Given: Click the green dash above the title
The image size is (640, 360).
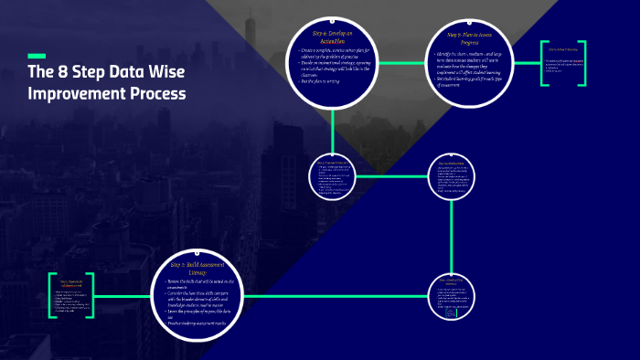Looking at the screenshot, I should click(x=37, y=56).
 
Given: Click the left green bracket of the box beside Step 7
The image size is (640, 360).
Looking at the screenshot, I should click(x=543, y=63).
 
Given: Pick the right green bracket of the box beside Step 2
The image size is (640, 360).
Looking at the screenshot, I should click(x=91, y=295).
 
